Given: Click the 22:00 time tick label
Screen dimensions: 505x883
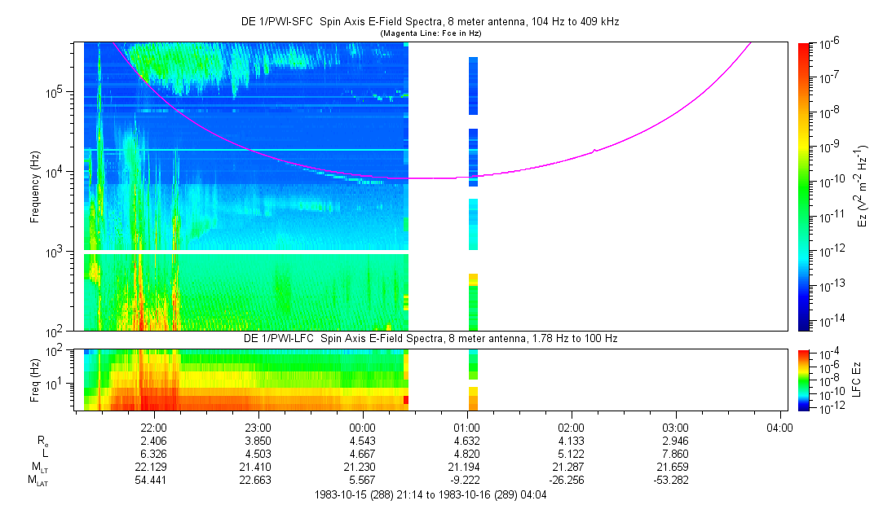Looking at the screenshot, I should click(x=153, y=427).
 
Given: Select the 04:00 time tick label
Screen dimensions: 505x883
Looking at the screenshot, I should click(x=780, y=427).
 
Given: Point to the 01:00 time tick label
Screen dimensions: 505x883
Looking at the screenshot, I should click(x=466, y=427).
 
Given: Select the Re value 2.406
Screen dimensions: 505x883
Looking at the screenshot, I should click(x=153, y=441).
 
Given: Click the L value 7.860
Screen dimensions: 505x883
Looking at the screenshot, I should click(x=676, y=454).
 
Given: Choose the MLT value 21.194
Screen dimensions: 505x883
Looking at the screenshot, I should click(x=466, y=467).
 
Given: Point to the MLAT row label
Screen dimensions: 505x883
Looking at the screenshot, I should click(x=38, y=481).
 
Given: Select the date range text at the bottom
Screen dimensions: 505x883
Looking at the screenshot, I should click(x=430, y=494).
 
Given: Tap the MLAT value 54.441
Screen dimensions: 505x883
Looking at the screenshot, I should click(x=153, y=480).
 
